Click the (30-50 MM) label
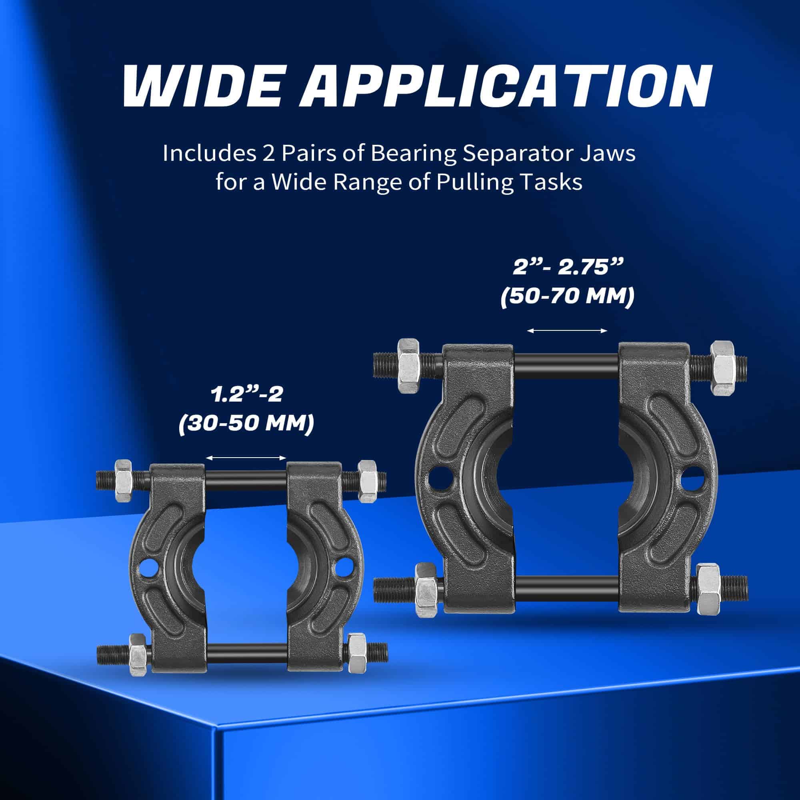coord(246,424)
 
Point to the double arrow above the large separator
coord(567,330)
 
